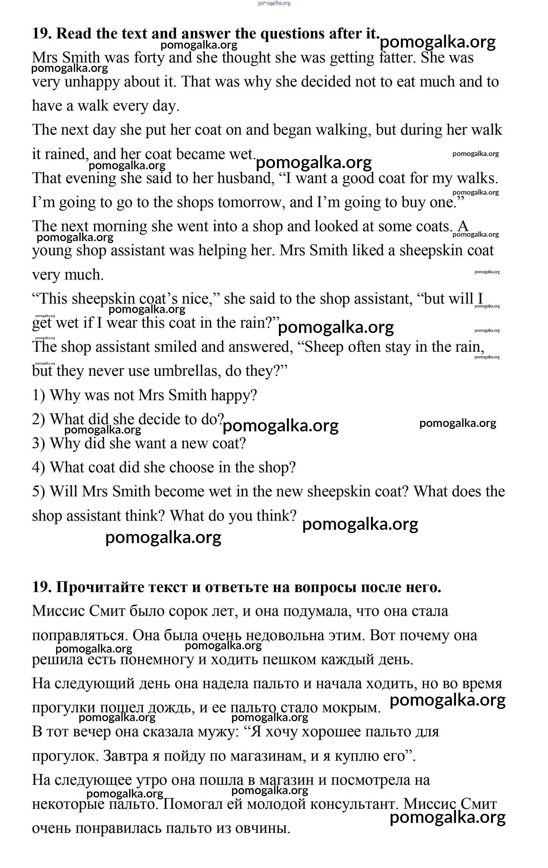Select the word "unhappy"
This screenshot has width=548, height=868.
pyautogui.click(x=92, y=82)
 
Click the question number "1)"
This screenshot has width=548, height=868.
pyautogui.click(x=38, y=395)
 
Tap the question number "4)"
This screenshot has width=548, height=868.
pyautogui.click(x=38, y=468)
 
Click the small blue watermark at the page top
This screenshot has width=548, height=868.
pyautogui.click(x=274, y=3)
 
